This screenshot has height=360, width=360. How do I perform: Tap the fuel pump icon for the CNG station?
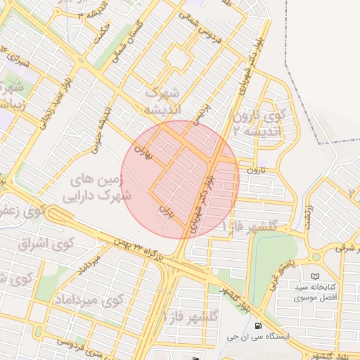[x=258, y=326]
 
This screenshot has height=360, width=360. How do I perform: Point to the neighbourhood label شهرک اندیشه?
[x=162, y=101]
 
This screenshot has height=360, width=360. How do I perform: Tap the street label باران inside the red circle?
[x=167, y=210]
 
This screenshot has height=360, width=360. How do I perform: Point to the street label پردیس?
[x=202, y=115]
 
